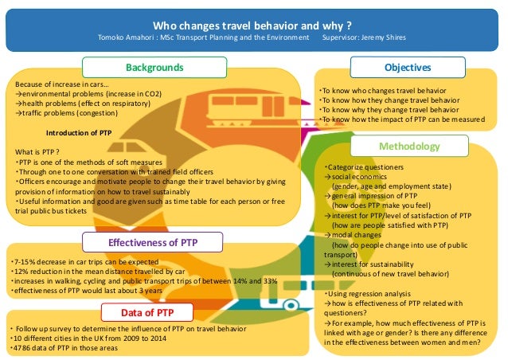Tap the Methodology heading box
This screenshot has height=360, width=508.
[408, 147]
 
